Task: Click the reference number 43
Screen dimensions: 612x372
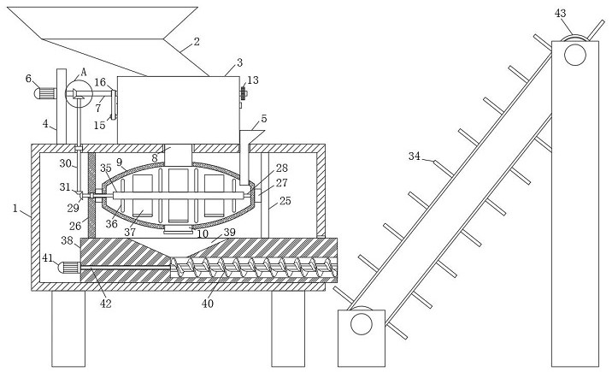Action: (560, 14)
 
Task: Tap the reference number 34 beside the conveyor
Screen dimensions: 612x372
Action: (414, 156)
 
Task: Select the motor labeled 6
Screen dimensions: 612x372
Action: (45, 94)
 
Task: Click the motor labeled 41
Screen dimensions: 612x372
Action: (68, 268)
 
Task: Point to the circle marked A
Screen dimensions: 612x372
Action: (79, 94)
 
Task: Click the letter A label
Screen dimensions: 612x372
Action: (83, 72)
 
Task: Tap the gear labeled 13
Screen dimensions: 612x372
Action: (243, 94)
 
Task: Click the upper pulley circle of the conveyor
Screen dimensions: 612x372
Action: (575, 54)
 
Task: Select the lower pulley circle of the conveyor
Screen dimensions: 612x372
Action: (362, 323)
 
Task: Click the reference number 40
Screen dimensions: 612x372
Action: (207, 304)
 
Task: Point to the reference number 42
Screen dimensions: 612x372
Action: (105, 304)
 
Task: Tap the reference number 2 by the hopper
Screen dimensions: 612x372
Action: (197, 41)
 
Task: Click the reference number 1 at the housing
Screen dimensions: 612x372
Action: (15, 209)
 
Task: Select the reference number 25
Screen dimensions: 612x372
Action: (285, 201)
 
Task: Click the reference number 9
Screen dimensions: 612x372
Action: (119, 162)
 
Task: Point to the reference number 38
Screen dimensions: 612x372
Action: (67, 240)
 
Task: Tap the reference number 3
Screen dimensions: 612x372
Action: (239, 62)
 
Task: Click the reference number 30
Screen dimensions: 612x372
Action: (65, 163)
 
